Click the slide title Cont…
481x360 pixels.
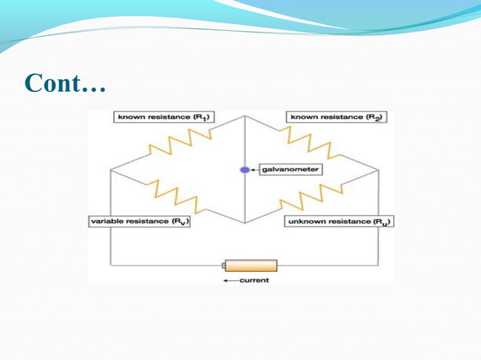click(65, 83)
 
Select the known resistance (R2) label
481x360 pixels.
click(336, 117)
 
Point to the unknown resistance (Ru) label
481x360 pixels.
click(339, 221)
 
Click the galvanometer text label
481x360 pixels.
click(290, 170)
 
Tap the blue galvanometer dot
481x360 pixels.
click(244, 170)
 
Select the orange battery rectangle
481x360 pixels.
click(251, 266)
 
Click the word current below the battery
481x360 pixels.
click(254, 281)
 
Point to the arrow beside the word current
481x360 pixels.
click(229, 281)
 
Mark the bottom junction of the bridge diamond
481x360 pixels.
click(244, 223)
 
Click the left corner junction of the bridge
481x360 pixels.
click(111, 170)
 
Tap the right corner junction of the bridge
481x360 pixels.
click(378, 170)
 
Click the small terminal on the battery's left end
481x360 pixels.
click(223, 266)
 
